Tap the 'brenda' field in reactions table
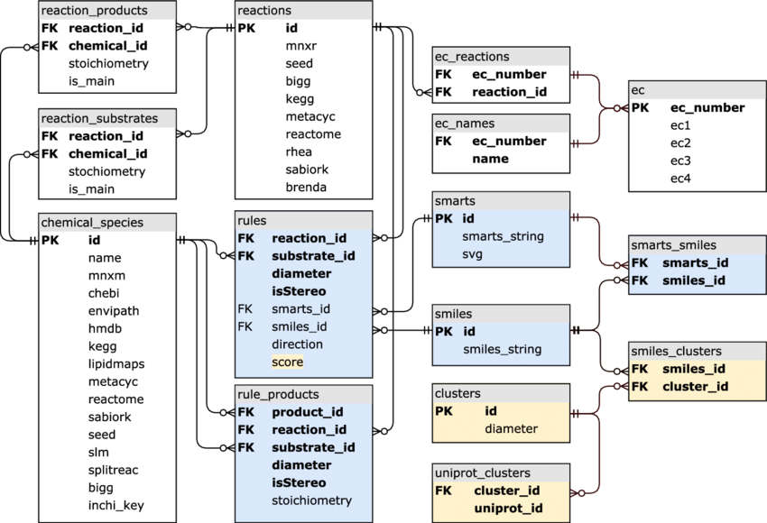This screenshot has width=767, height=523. coord(306,188)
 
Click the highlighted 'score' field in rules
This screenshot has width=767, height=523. coord(287,362)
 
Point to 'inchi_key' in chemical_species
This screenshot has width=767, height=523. coord(116,505)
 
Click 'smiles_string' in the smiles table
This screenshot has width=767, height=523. coord(502,349)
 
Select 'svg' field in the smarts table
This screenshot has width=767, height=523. coord(473,254)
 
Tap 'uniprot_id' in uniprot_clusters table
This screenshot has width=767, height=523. coord(508,509)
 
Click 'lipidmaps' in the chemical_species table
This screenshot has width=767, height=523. coord(116,363)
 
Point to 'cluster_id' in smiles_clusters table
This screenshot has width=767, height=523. coord(695,386)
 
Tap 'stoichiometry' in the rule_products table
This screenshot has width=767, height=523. coord(311,500)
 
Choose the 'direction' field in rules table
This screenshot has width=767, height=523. coord(297,344)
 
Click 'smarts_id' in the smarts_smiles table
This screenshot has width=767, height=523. coord(695,262)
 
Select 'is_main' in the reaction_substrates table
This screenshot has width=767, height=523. coord(92,188)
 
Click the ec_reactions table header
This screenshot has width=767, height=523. coord(472,57)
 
